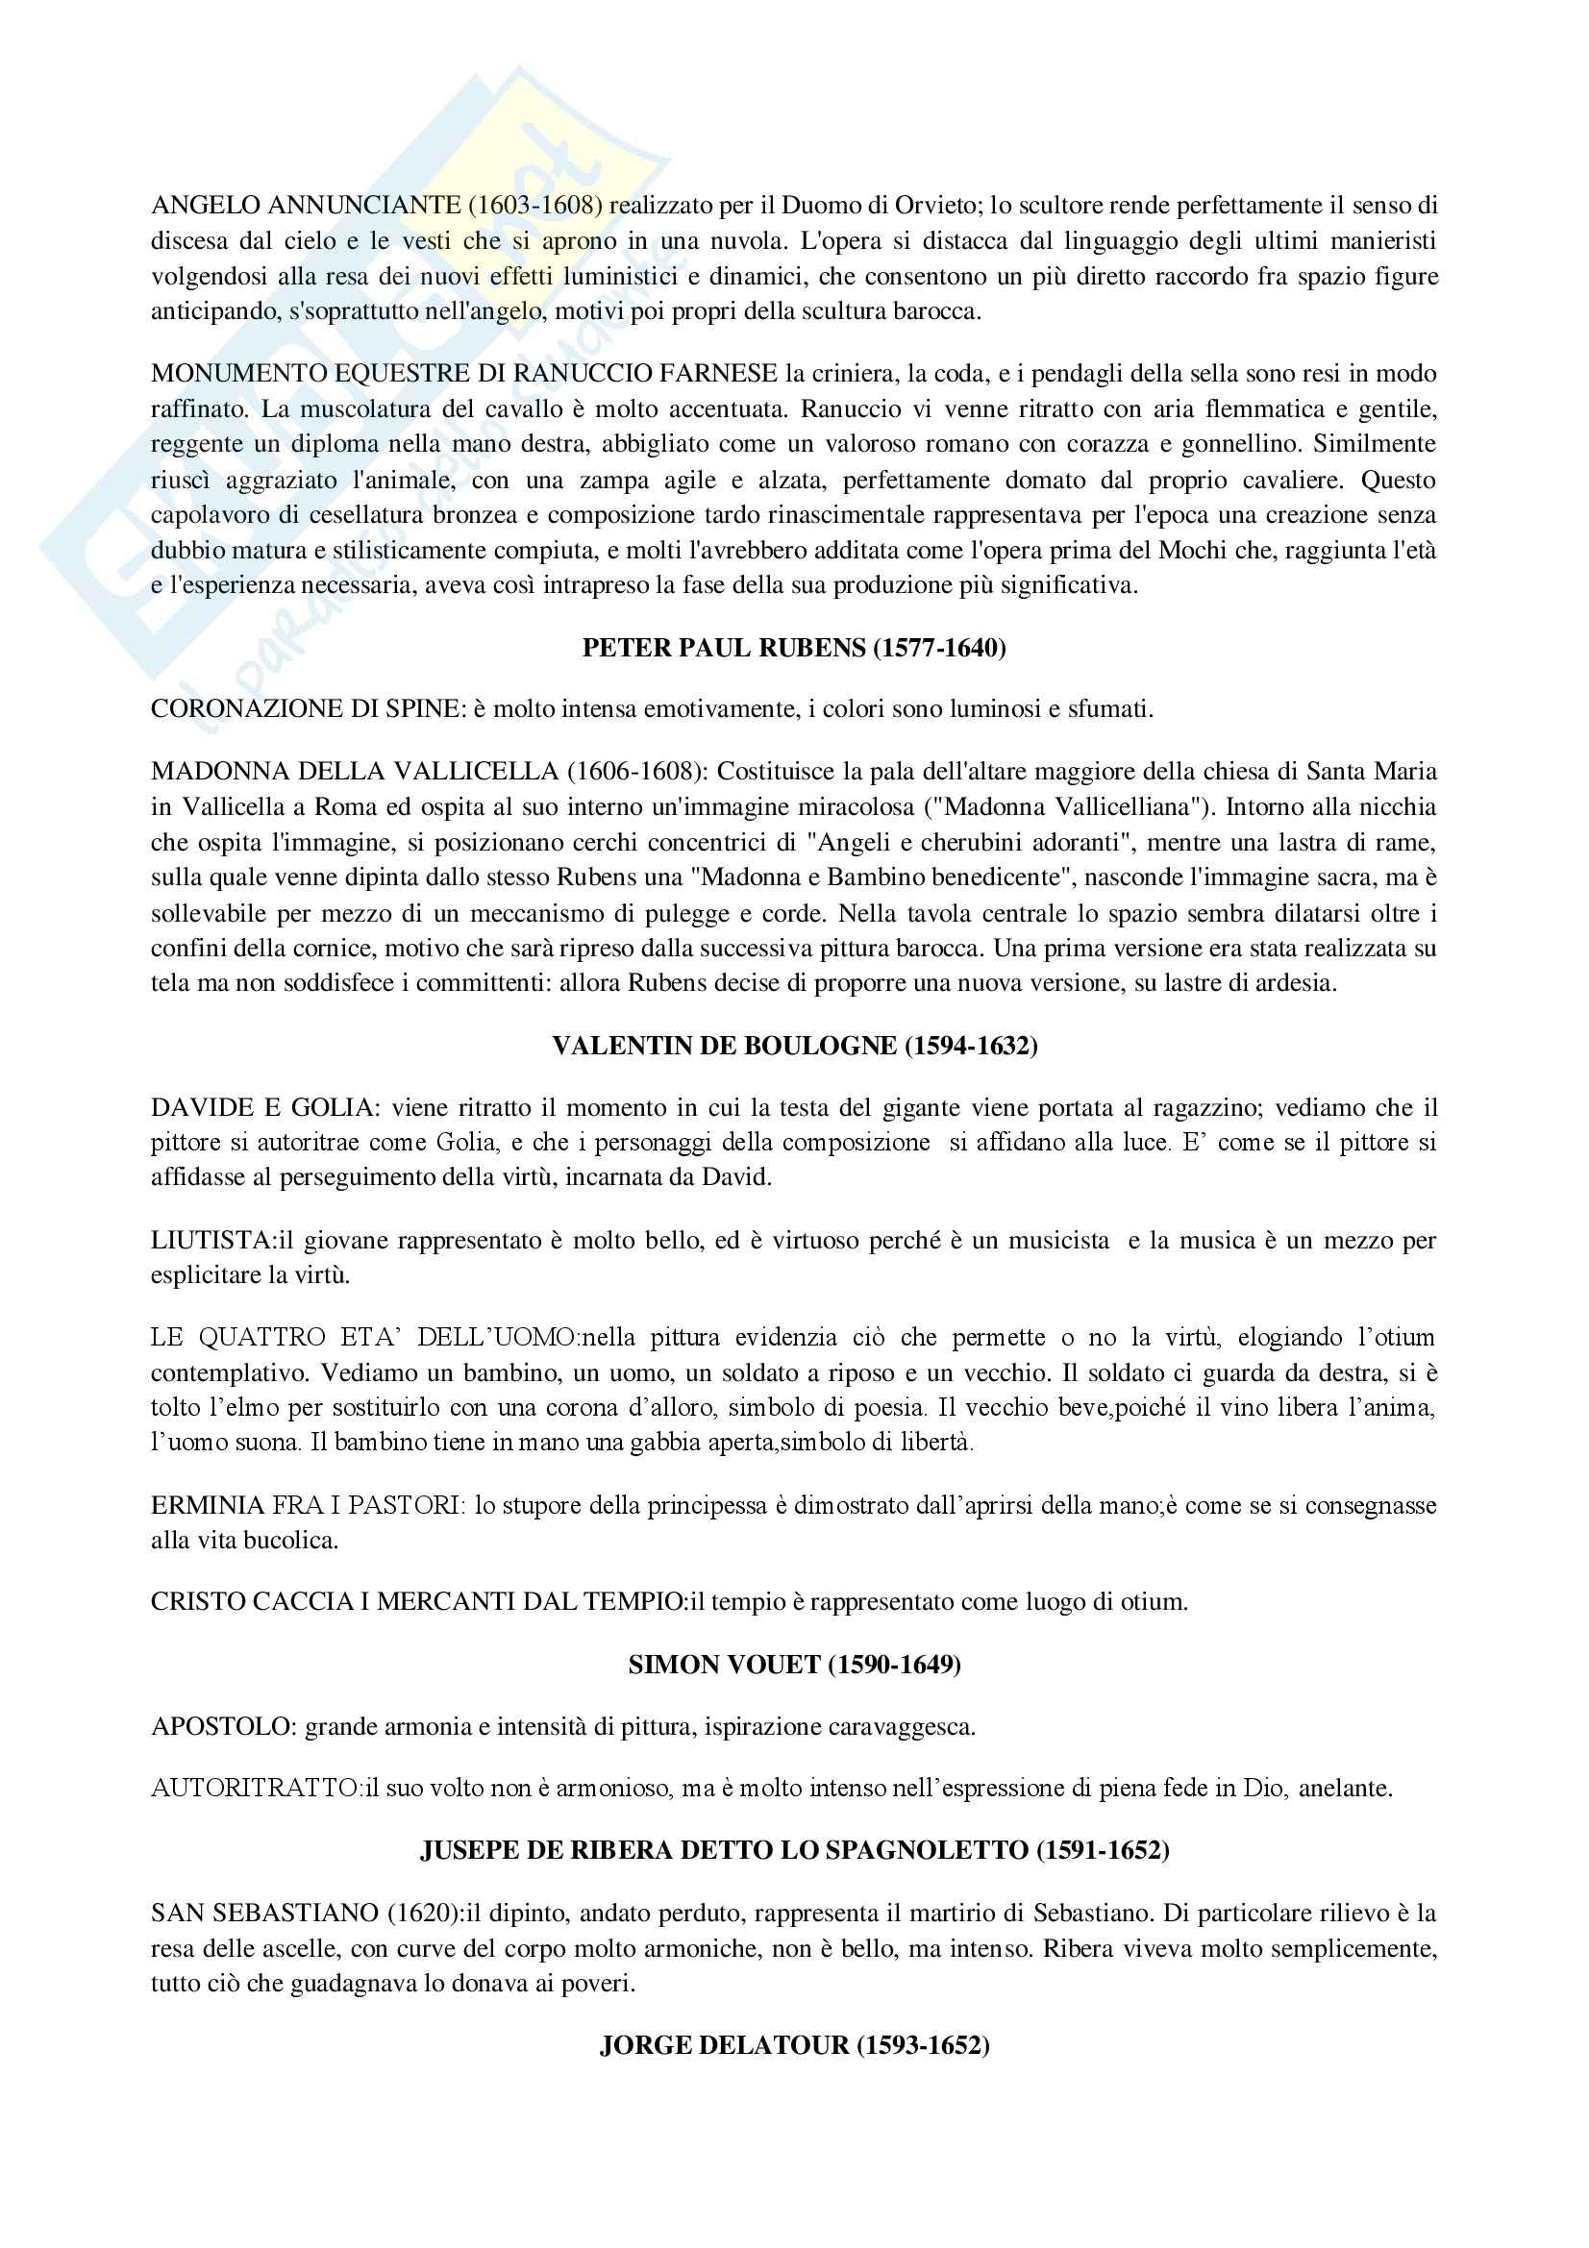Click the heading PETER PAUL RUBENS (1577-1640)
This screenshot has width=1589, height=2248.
[794, 648]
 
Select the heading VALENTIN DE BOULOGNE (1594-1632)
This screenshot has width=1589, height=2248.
[794, 1046]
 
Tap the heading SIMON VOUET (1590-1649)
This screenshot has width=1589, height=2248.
[794, 1665]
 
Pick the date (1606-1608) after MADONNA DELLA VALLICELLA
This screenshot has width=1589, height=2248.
[636, 772]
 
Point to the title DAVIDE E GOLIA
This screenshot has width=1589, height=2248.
[262, 1107]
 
